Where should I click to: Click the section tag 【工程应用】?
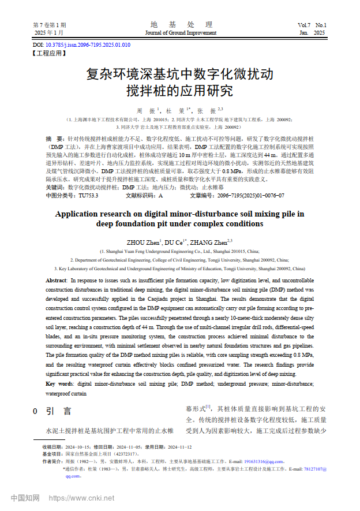pos(49,53)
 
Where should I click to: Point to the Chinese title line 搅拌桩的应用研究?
pos(179,91)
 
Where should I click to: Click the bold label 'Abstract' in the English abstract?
pos(56,279)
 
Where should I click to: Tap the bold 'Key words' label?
pos(59,383)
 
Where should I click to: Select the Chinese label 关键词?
pos(55,188)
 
